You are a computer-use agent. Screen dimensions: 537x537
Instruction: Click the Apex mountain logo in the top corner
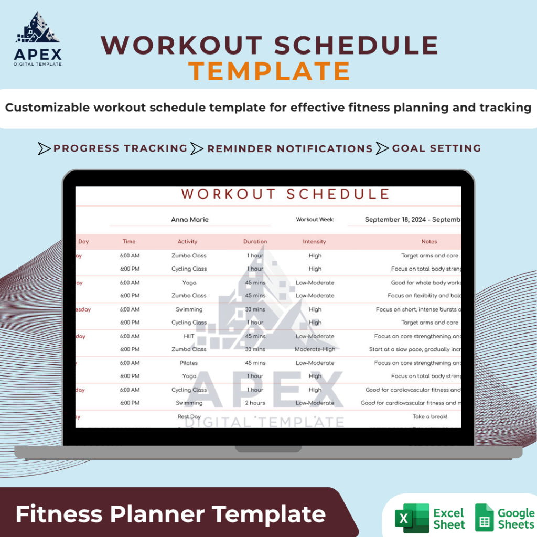[x=38, y=28]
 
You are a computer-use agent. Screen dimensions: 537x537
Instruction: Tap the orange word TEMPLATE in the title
[x=269, y=71]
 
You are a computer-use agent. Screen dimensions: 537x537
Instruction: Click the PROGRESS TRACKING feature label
[x=120, y=148]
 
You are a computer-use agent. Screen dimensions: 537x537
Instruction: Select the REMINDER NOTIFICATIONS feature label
[x=289, y=149]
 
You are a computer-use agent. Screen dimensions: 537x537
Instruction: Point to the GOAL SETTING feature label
[x=436, y=148]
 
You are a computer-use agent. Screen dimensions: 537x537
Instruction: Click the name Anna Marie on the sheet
[x=190, y=220]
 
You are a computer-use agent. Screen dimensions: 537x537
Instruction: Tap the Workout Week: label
[x=315, y=220]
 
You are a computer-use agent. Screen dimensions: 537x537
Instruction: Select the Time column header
[x=129, y=242]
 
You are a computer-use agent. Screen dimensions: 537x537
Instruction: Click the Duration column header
[x=255, y=242]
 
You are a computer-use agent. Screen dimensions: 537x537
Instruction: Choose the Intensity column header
[x=314, y=242]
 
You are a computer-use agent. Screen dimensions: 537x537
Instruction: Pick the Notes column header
[x=429, y=242]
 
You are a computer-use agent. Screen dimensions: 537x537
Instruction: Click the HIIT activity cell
[x=189, y=336]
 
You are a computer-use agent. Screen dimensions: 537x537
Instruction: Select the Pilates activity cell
[x=189, y=363]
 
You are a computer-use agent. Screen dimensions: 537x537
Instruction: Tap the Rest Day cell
[x=189, y=417]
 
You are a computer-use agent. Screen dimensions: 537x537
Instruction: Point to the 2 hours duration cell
[x=255, y=403]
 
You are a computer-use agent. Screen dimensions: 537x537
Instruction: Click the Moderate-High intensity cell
[x=315, y=349]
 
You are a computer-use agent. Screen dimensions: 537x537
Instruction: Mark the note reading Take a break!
[x=430, y=417]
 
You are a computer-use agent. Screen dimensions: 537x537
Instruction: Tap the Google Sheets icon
[x=484, y=518]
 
